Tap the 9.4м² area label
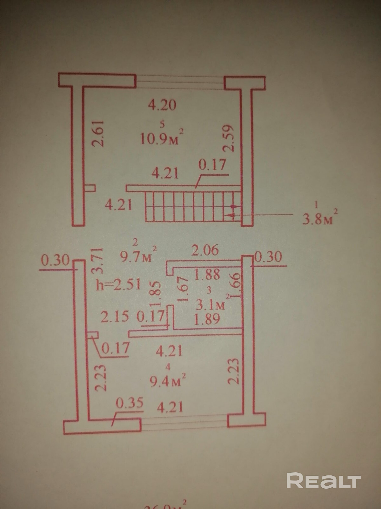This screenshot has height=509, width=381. click(x=168, y=381)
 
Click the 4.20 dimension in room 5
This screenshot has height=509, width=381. click(x=162, y=105)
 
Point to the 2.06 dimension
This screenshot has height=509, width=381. click(x=205, y=250)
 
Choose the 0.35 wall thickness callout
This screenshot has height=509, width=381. click(x=130, y=403)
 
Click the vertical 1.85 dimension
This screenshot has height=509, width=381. click(x=156, y=294)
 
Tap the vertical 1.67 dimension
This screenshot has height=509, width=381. click(x=183, y=289)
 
